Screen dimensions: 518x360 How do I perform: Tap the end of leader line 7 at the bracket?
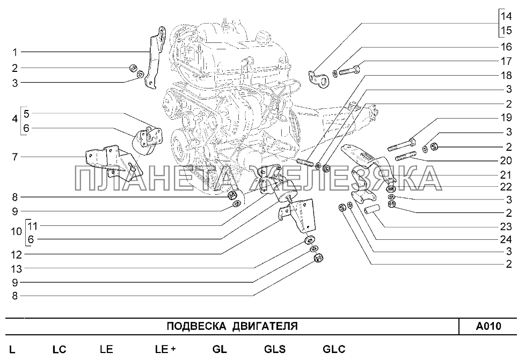[86, 157]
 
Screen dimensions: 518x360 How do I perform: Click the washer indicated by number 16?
[335, 72]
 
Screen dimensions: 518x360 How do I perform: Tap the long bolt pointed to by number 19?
[401, 145]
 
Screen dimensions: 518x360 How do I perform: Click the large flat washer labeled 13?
[309, 239]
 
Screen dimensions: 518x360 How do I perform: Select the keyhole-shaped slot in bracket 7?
[133, 167]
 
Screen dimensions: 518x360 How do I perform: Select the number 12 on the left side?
[16, 255]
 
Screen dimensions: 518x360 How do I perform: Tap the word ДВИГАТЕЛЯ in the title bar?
[265, 326]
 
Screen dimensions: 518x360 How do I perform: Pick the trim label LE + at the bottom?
[165, 349]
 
